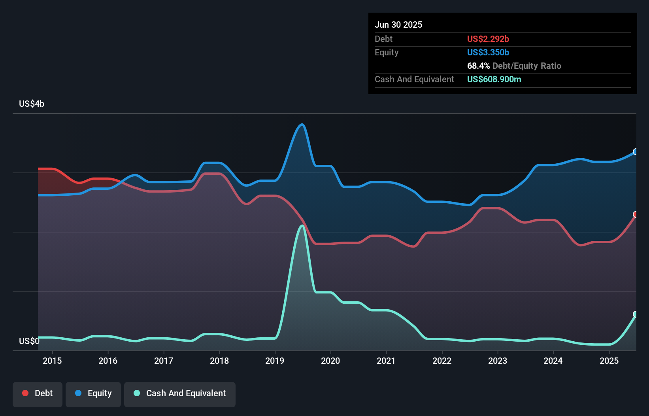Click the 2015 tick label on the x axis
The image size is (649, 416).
(x=52, y=361)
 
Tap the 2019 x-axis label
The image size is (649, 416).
(x=275, y=361)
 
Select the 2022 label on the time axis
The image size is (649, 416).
(x=442, y=361)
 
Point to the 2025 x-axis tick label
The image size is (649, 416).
(x=609, y=361)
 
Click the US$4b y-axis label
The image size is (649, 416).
(x=32, y=104)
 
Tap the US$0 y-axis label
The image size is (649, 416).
(x=29, y=341)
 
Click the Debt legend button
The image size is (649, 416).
(x=38, y=393)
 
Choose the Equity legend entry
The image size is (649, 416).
(x=93, y=393)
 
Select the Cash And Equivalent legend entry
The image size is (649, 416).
(x=180, y=393)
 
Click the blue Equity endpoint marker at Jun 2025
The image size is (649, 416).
(x=636, y=152)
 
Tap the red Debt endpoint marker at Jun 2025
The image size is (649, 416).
(x=636, y=214)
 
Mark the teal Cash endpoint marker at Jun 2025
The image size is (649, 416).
(x=636, y=314)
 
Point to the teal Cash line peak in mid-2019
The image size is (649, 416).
(x=302, y=226)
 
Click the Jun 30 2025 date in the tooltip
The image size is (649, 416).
(x=398, y=25)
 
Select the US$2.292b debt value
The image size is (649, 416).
(x=488, y=39)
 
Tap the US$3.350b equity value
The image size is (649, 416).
(x=488, y=53)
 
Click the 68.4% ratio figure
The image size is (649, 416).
(x=478, y=66)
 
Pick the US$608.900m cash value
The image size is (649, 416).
(x=494, y=79)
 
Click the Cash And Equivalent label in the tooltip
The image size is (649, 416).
(x=414, y=79)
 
